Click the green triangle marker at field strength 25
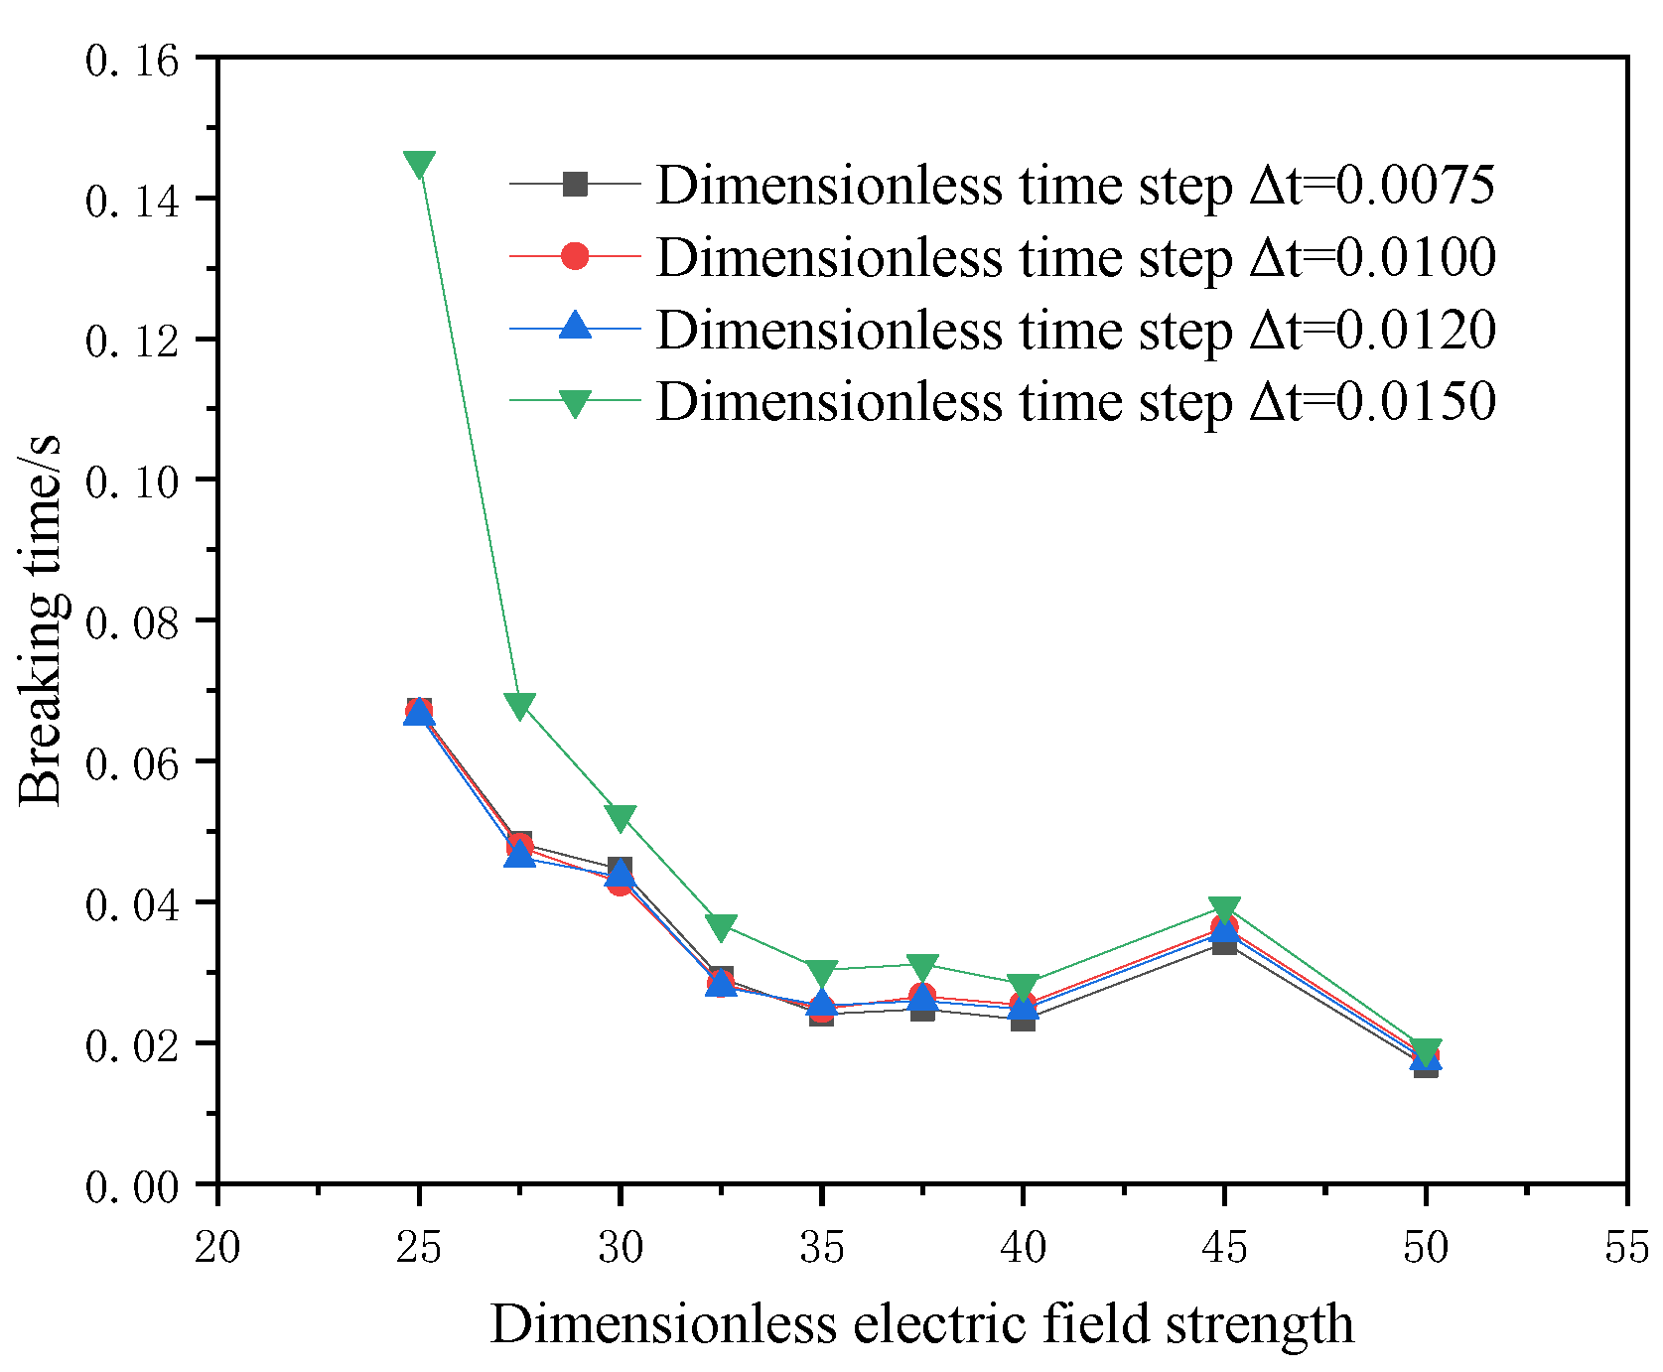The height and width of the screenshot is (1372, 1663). coord(419,165)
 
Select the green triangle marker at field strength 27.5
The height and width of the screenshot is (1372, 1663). coord(519,706)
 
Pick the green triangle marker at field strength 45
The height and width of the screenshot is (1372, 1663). coord(1224,909)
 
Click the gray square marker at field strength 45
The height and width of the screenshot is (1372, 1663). coord(1224,943)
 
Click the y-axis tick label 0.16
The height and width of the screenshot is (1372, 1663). coord(132,62)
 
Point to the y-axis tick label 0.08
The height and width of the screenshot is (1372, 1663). coord(132,623)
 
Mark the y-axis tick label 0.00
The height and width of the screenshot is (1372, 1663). coord(132,1186)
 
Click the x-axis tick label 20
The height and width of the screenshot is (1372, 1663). coord(217,1247)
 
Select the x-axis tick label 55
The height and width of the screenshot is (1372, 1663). coord(1626,1247)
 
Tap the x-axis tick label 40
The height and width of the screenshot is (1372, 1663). coord(1023,1247)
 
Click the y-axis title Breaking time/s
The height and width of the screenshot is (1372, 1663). coord(42,620)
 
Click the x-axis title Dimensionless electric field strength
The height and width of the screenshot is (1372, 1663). coord(921,1324)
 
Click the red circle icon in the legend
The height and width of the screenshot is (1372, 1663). coord(575,256)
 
